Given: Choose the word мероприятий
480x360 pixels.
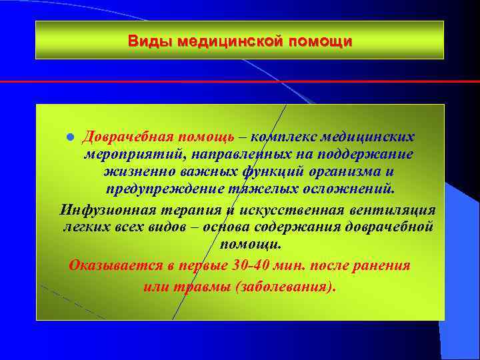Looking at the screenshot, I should click(x=135, y=154).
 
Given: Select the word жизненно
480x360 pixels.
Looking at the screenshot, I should click(x=131, y=171).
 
